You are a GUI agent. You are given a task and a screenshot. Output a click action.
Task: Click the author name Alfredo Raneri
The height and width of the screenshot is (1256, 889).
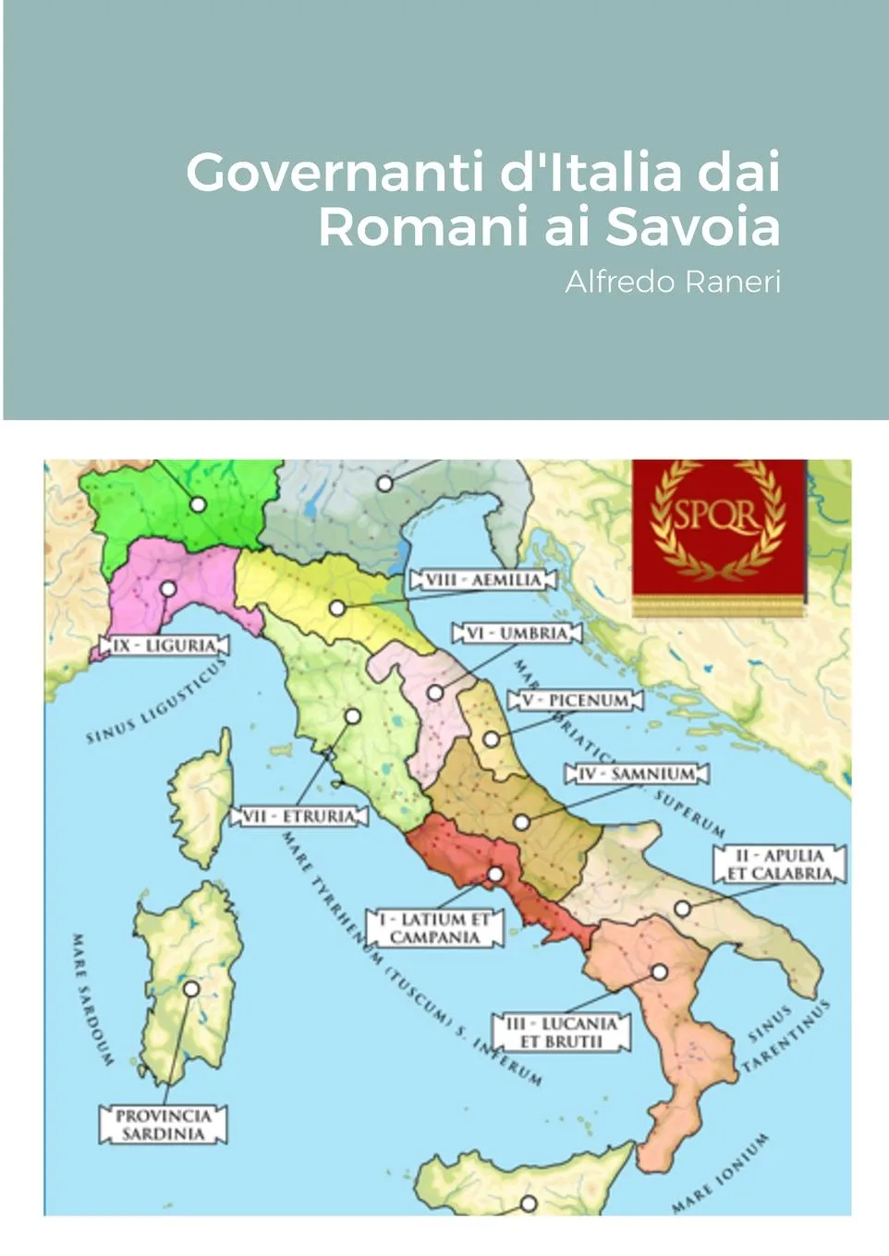coord(672,282)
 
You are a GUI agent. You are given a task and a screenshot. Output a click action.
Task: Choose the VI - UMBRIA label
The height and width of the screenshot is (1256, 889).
coord(517,634)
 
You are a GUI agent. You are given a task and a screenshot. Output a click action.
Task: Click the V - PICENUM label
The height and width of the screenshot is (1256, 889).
coord(575,700)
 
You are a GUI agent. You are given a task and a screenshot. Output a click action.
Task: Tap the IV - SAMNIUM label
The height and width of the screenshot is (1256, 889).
coord(637,773)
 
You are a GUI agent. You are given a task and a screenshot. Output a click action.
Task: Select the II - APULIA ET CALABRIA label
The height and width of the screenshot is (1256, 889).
coord(779,864)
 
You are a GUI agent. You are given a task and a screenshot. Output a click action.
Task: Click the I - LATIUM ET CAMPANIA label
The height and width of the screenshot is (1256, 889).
coord(434,928)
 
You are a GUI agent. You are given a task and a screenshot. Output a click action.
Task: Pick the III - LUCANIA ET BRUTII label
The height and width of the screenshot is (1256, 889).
coord(561,1033)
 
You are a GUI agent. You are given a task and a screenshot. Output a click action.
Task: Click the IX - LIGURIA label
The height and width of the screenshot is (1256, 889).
coord(164,646)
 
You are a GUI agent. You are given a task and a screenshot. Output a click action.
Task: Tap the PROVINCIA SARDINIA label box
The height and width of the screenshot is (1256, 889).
coord(163,1125)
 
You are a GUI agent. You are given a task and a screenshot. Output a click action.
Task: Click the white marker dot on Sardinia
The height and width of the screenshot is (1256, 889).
coord(191,989)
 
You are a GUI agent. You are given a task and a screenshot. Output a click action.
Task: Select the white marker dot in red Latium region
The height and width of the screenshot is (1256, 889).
coord(496,875)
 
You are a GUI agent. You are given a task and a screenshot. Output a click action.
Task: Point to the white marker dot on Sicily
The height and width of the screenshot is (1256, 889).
coord(529,1203)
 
